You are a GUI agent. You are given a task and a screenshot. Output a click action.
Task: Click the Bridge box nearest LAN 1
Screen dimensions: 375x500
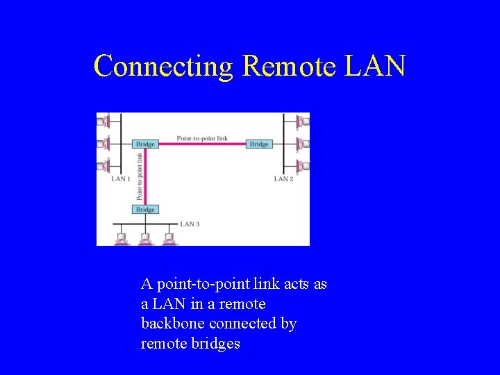(145, 144)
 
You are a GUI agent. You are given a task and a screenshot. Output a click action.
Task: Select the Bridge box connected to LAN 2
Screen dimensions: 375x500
(259, 144)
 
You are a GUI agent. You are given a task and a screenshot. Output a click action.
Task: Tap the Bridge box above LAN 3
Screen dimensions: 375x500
(145, 209)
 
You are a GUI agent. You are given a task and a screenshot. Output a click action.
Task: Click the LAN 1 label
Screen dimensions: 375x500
(120, 179)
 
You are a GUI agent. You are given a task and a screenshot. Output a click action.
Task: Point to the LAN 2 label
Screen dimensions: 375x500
(283, 179)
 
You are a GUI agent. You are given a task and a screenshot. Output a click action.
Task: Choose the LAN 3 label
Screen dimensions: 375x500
(190, 224)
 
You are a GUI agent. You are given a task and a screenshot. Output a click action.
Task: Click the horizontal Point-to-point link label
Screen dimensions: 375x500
(202, 138)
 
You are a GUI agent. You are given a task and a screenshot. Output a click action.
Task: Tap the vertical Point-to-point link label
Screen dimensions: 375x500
(140, 176)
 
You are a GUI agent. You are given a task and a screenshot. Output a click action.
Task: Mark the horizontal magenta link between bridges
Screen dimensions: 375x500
(202, 144)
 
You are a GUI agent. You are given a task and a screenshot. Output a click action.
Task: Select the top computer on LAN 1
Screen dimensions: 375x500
(101, 122)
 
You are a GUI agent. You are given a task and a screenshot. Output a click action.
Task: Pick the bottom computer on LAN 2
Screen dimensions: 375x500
(303, 166)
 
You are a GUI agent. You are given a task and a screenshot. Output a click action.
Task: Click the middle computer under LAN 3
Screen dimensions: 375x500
(144, 239)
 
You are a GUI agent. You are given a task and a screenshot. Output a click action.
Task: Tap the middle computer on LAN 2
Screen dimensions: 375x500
(303, 144)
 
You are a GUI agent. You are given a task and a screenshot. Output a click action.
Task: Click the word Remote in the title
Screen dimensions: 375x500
(288, 66)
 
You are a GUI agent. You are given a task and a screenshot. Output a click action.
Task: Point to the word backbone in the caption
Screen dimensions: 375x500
(171, 324)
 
